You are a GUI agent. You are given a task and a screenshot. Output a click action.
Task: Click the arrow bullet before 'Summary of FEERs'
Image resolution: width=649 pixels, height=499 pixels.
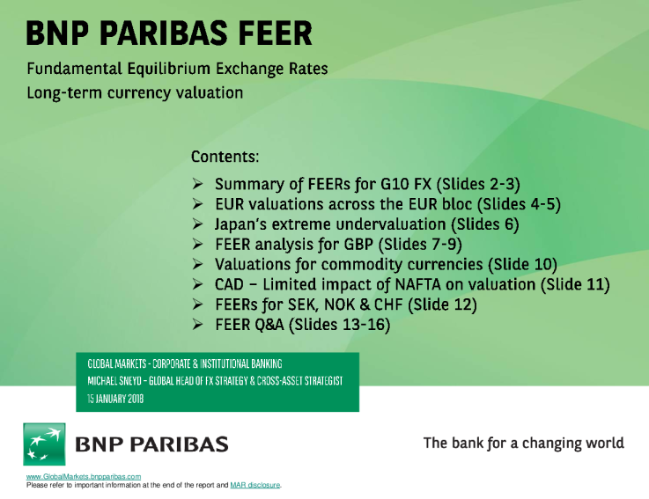[x=199, y=185]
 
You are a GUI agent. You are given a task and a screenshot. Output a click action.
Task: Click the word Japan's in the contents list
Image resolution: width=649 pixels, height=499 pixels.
[x=243, y=224]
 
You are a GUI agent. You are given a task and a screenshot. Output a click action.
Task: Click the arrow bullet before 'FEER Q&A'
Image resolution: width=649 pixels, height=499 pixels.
[x=199, y=325]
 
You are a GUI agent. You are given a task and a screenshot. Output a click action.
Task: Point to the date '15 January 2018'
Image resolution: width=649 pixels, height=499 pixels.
[x=116, y=398]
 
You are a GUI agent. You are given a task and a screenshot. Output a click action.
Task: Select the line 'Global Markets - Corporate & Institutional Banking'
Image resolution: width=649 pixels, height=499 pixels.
[x=190, y=363]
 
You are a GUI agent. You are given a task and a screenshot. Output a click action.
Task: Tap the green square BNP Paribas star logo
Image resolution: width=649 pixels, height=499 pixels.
[x=43, y=443]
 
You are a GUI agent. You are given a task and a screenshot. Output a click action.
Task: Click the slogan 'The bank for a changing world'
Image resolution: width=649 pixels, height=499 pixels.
[x=523, y=443]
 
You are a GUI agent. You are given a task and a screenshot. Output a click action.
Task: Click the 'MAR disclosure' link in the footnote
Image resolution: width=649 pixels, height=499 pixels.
[x=254, y=485]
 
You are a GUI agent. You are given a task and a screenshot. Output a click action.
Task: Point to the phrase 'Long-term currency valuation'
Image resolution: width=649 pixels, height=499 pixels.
[x=135, y=92]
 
